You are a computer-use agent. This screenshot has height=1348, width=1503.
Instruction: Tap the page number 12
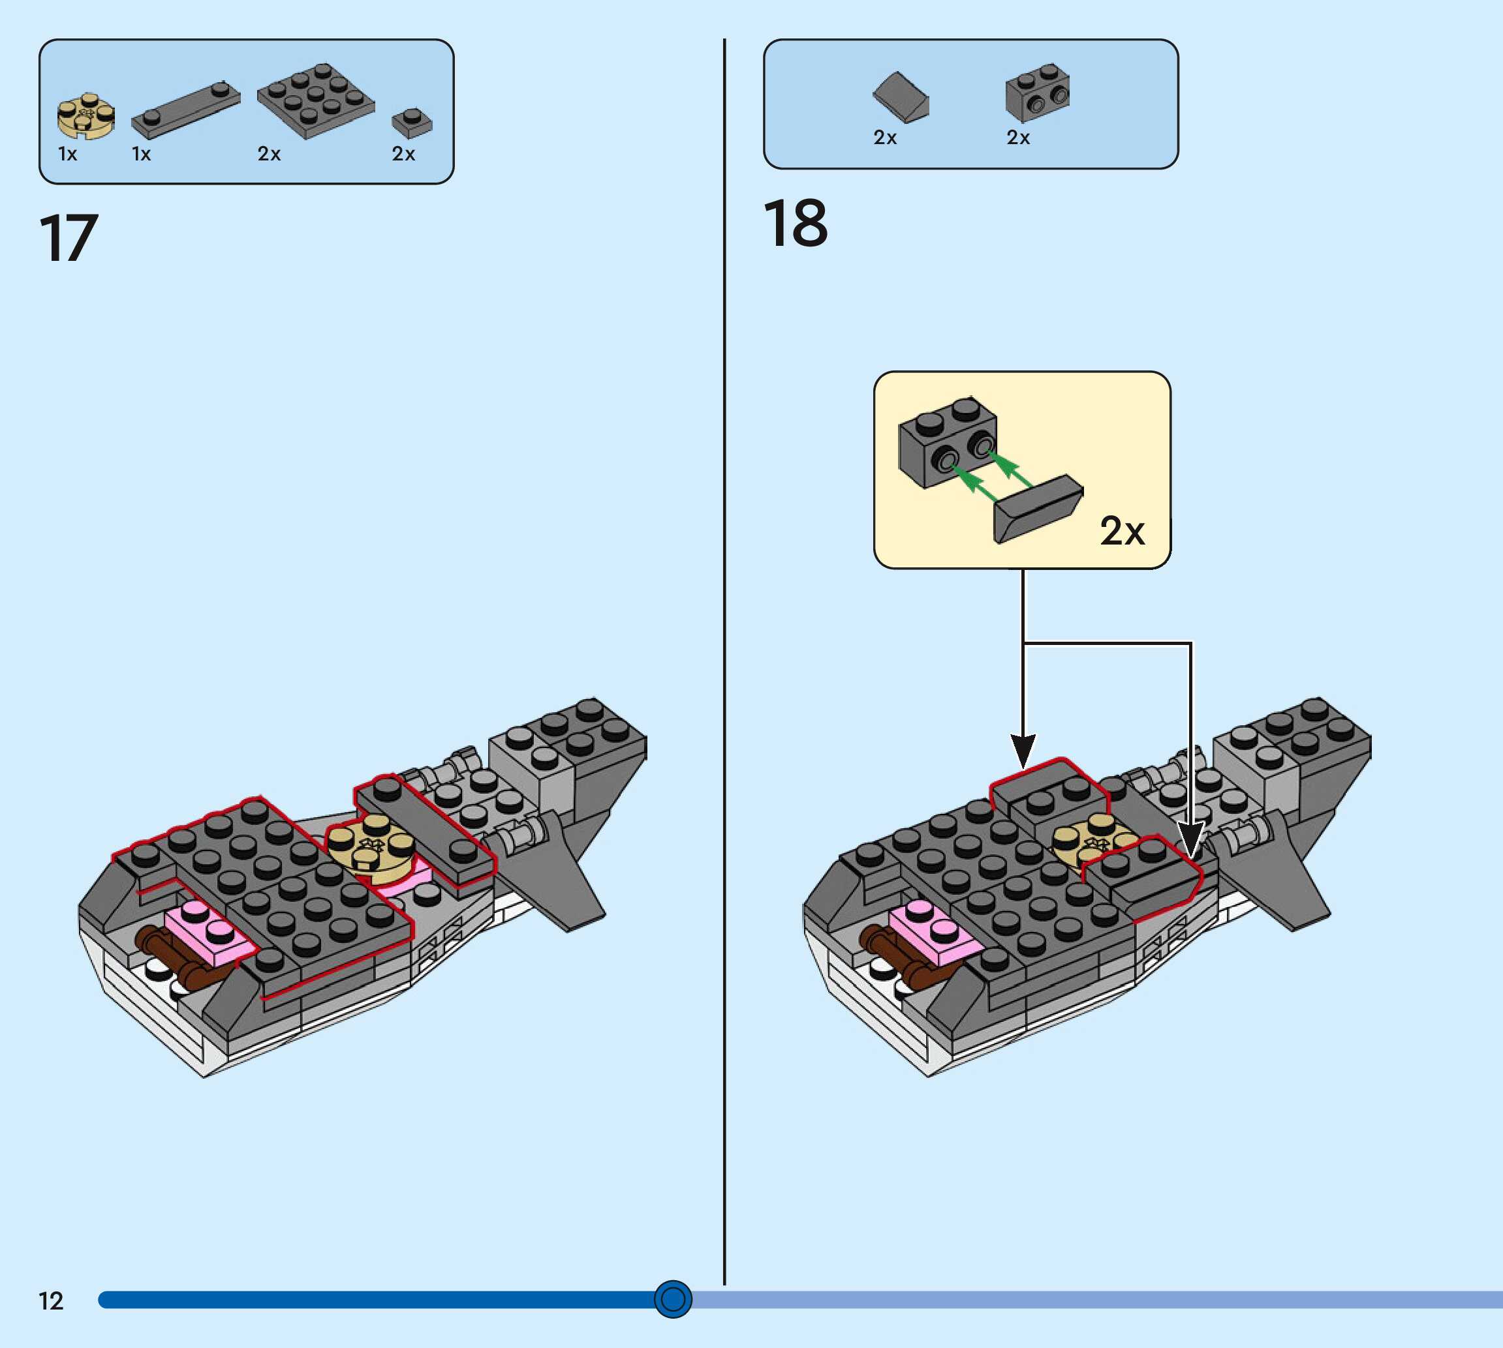[x=50, y=1300]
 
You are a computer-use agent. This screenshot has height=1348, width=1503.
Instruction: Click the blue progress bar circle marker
[x=673, y=1298]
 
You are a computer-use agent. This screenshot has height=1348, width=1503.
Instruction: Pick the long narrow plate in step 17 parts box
[x=185, y=111]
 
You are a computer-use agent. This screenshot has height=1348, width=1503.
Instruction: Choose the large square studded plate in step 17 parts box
[x=316, y=100]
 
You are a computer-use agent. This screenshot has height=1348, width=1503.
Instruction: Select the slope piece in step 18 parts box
[x=901, y=97]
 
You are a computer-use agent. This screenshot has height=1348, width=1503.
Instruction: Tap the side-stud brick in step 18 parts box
[x=1037, y=93]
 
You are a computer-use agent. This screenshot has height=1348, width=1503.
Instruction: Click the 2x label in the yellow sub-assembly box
[x=1122, y=531]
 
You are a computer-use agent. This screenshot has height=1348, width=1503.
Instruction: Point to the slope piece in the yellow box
[x=1038, y=509]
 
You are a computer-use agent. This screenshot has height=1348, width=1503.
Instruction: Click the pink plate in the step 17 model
[x=208, y=934]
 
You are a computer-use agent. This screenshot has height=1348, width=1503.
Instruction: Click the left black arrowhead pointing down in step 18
[x=1023, y=751]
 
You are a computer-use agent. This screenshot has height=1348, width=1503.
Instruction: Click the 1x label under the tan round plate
[x=67, y=154]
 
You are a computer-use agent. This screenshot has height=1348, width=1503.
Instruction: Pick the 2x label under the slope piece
[x=885, y=138]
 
